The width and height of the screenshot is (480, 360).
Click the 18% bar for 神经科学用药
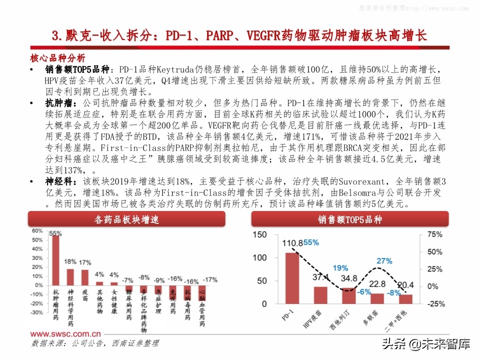(x=70, y=276)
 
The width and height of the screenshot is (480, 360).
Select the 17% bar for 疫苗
(x=85, y=276)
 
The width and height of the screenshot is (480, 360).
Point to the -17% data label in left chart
(x=210, y=279)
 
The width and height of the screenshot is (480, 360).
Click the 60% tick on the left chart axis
(x=37, y=231)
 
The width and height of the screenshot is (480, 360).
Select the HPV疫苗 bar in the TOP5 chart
(x=320, y=295)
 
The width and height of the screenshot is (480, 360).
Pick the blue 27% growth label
(x=384, y=260)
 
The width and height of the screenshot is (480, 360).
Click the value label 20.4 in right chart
(x=405, y=286)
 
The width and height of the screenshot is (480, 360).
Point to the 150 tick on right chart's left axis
(x=260, y=235)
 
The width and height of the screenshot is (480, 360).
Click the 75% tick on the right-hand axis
(x=433, y=235)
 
